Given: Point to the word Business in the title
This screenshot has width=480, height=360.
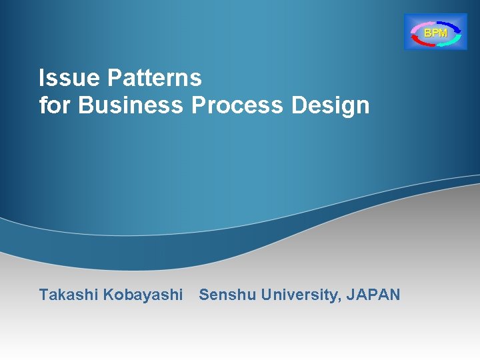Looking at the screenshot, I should coord(131,105).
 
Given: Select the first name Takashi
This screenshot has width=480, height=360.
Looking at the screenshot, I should coord(69,295).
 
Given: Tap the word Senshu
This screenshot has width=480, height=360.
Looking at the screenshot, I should coord(227,295).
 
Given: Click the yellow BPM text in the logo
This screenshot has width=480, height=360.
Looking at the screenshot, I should coord(436,32).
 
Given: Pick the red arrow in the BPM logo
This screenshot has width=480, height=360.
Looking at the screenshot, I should coord(422,41).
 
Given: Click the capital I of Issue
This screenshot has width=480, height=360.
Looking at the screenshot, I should coord(41,79).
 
